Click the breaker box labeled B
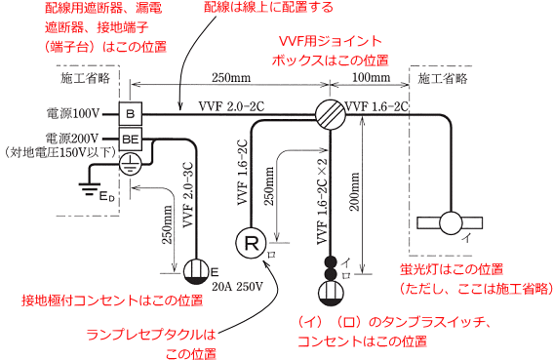click(x=132, y=112)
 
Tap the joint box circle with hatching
click(x=330, y=113)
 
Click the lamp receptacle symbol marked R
click(x=251, y=241)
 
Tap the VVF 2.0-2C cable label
click(x=231, y=101)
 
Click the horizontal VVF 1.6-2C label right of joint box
click(x=375, y=101)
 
